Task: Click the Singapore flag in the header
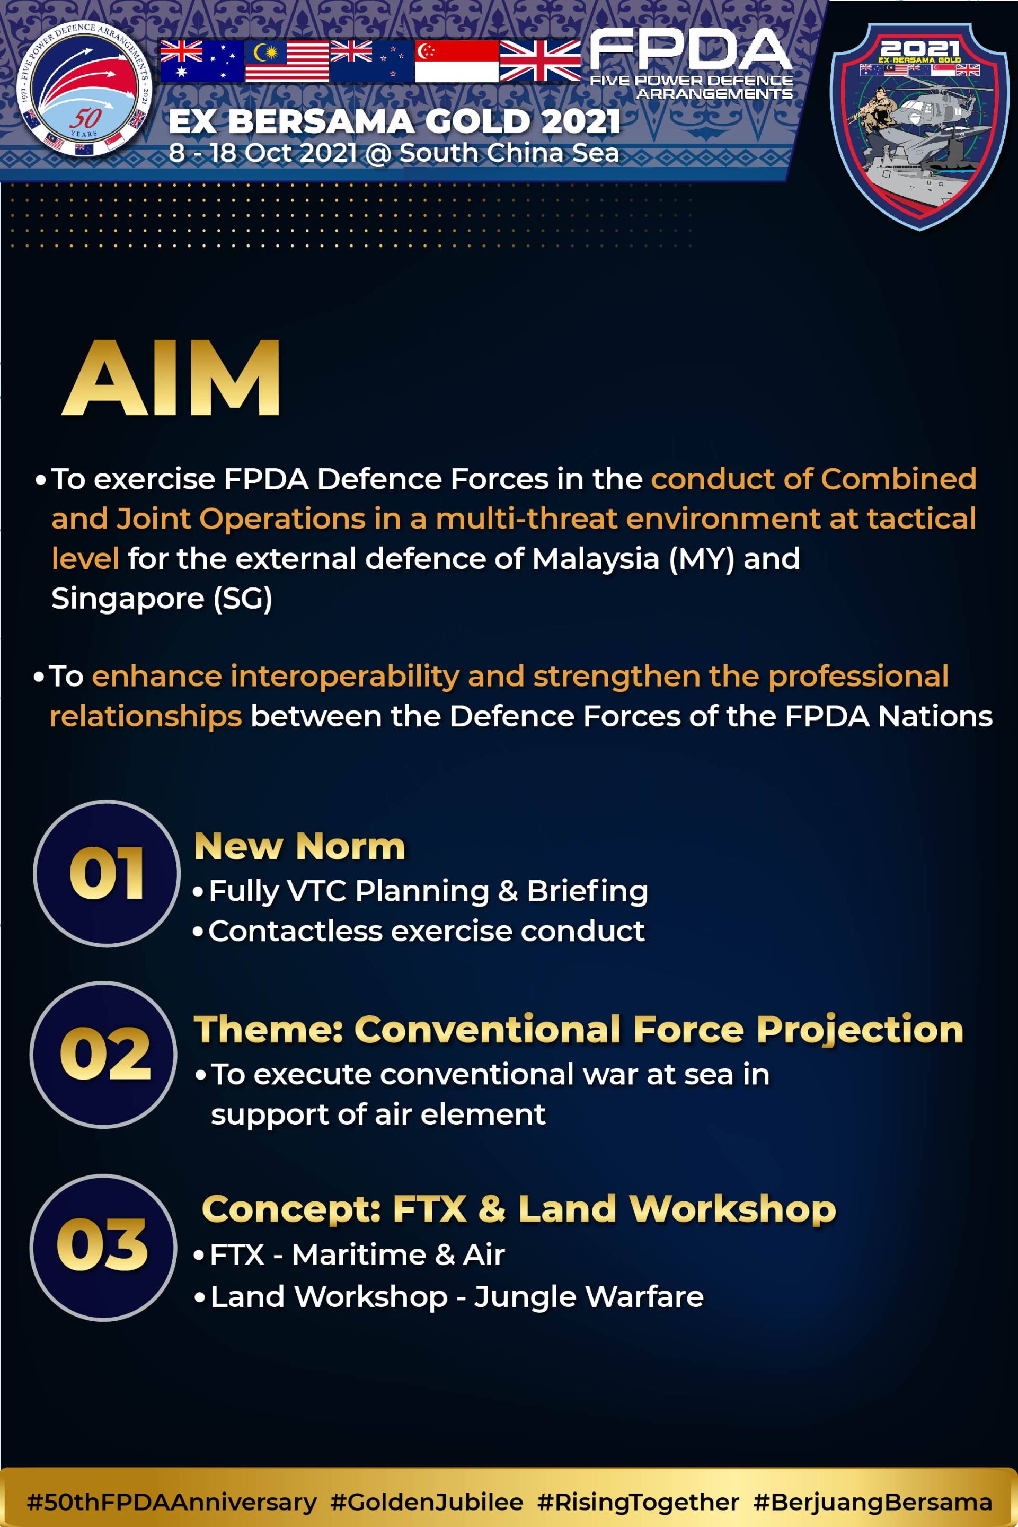coord(456,61)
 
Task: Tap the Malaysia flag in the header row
coord(287,61)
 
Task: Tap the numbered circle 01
coord(107,874)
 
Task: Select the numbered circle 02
coord(103,1054)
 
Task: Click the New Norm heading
coord(300,846)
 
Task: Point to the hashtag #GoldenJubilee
coord(427,1502)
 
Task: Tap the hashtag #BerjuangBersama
coord(873,1502)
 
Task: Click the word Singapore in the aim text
coord(128,599)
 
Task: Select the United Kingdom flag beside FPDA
coord(540,61)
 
